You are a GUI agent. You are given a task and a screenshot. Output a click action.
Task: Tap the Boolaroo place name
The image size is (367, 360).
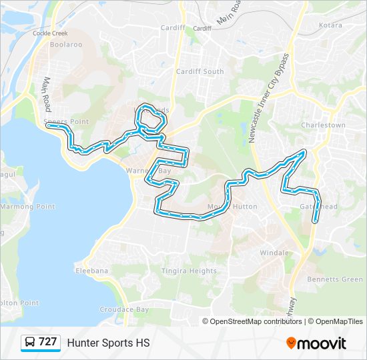[x=65, y=45]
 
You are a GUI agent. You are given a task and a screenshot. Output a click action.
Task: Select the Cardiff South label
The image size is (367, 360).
[x=200, y=71]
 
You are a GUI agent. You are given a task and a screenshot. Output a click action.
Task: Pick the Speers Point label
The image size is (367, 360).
[x=66, y=121]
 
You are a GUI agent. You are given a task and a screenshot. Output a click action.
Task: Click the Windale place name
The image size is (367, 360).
[x=274, y=253]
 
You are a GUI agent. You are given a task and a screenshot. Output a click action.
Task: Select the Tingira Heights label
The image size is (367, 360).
[x=189, y=271]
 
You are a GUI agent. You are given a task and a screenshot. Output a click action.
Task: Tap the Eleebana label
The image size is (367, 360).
[x=91, y=271]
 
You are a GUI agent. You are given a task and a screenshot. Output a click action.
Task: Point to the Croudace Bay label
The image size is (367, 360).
[x=124, y=309]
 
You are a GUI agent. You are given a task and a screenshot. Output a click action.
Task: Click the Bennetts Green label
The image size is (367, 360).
[x=334, y=279]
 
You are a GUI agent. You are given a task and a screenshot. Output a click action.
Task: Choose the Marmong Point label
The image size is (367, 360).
[x=27, y=207]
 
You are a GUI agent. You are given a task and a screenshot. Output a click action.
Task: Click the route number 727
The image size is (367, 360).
[x=47, y=342]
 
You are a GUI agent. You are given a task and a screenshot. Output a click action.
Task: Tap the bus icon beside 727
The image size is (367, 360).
[x=30, y=343]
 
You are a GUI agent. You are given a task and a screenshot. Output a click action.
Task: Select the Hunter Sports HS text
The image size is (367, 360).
[x=108, y=343]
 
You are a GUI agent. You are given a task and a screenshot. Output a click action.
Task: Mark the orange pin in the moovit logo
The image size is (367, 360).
[x=291, y=343]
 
